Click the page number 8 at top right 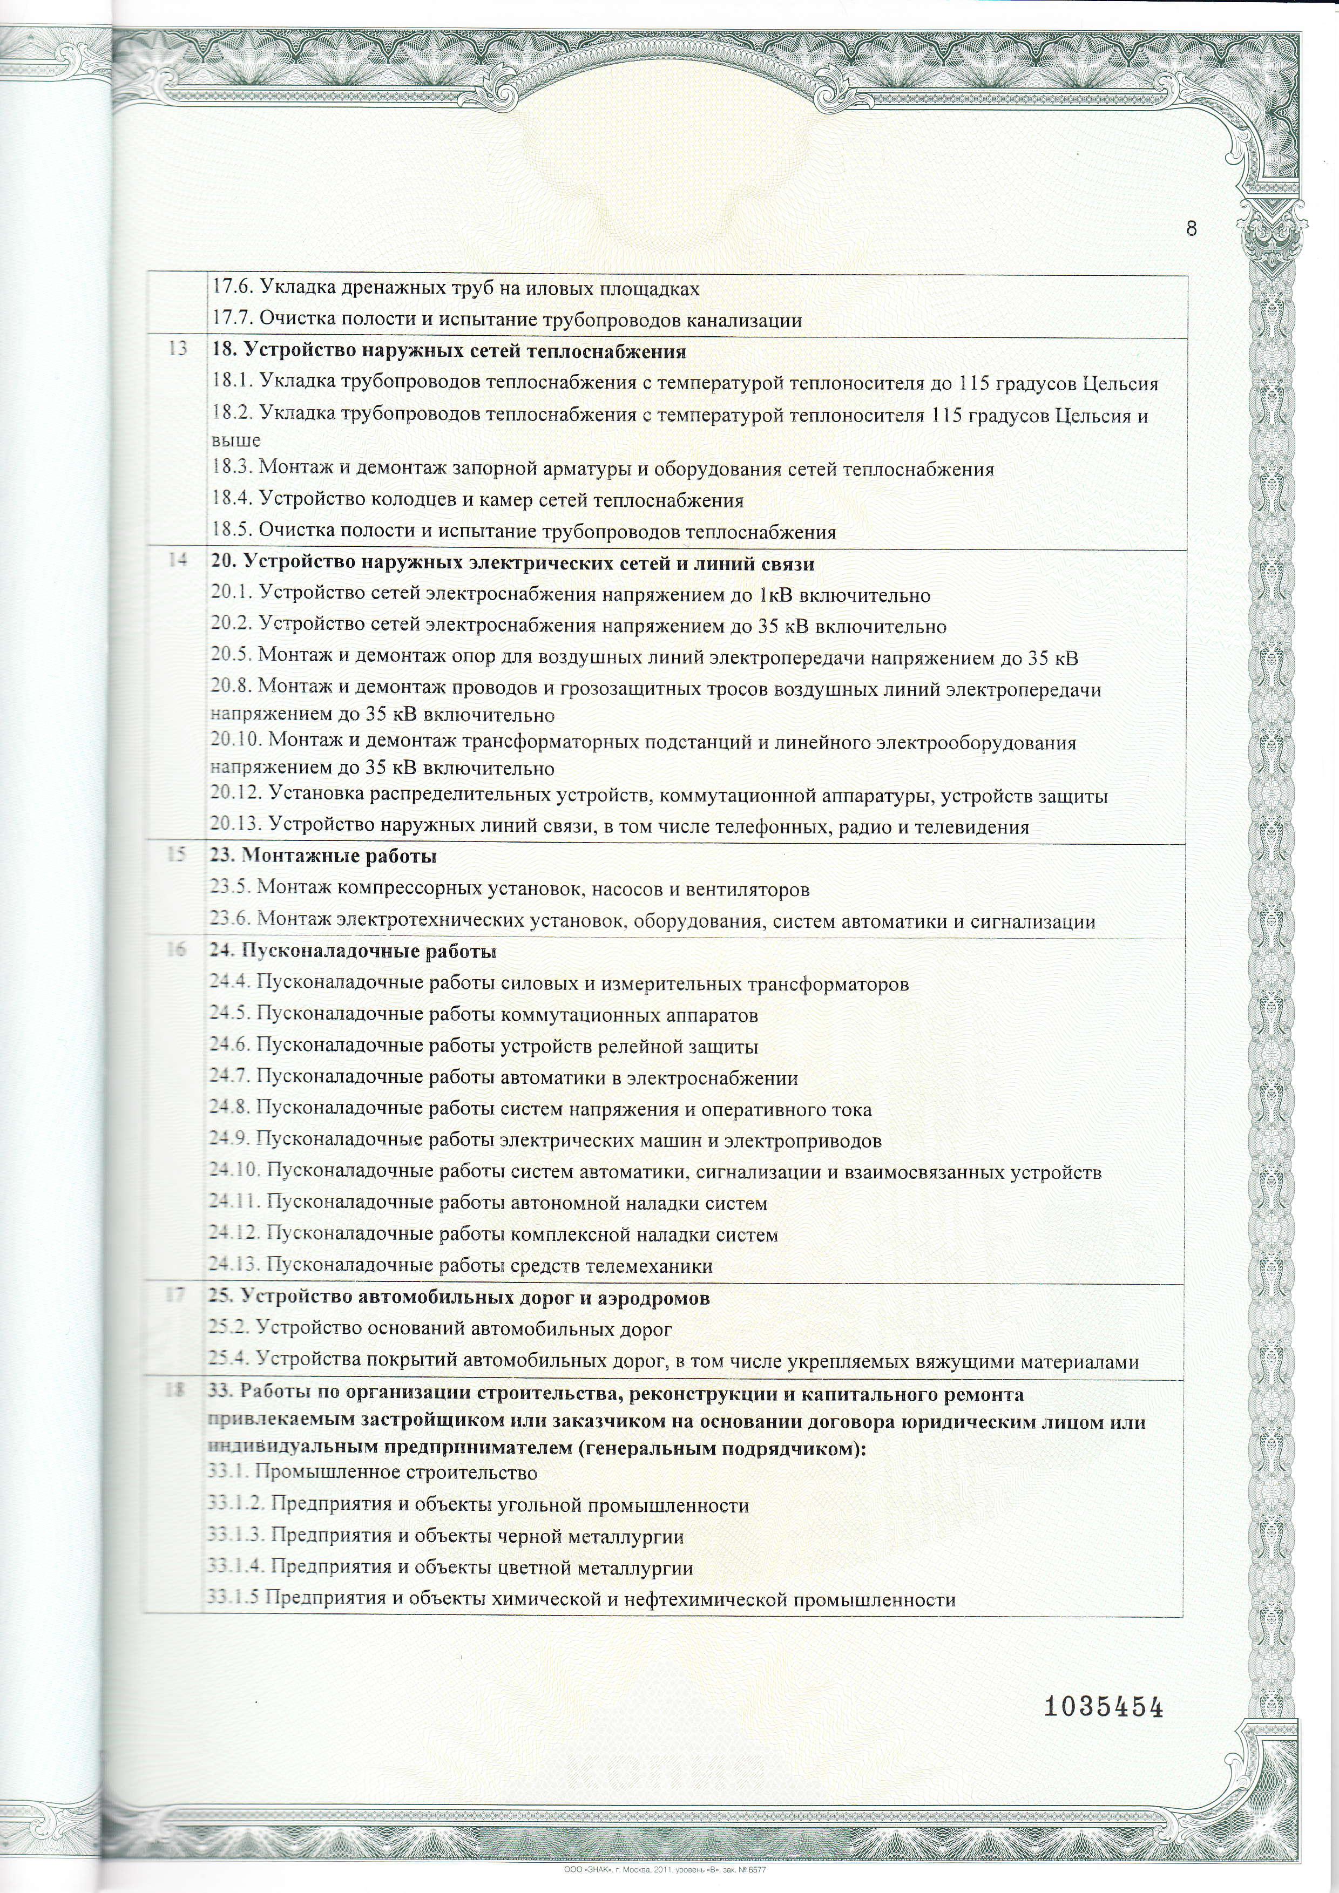(x=1191, y=228)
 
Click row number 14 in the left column (x=177, y=561)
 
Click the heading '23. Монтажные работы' (x=323, y=856)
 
